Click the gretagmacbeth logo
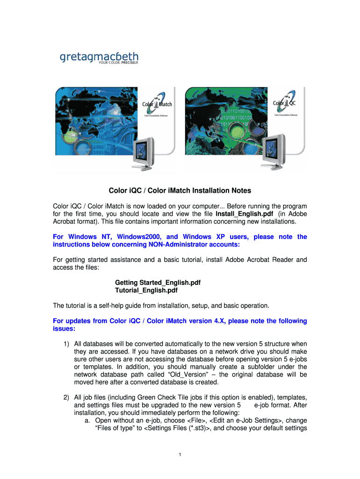pyautogui.click(x=99, y=58)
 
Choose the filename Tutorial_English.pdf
pyautogui.click(x=146, y=290)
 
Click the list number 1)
pyautogui.click(x=67, y=344)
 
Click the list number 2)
pyautogui.click(x=67, y=398)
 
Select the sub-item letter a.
pyautogui.click(x=87, y=421)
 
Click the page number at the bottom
pyautogui.click(x=180, y=454)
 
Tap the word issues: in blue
pyautogui.click(x=63, y=329)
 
